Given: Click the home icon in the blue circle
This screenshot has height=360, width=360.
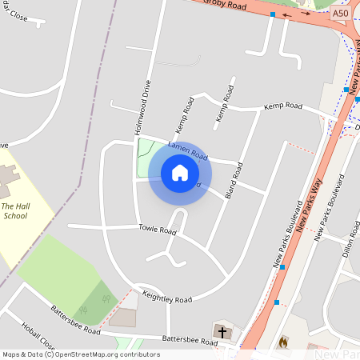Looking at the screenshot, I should point(180,173).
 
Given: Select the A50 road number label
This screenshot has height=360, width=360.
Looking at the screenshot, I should point(341,14).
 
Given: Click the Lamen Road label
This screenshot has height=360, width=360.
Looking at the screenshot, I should point(188,151).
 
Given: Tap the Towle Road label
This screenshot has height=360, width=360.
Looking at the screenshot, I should point(156,230).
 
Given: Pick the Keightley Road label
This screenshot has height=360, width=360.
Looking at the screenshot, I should point(166,299).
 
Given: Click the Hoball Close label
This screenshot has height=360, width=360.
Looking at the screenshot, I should point(38,337).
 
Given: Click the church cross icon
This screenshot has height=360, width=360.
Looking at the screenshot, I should point(222,331).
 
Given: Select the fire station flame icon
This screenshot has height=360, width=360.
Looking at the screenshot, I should point(282,342).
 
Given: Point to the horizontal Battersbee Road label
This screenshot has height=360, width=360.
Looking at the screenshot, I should point(189,341).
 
